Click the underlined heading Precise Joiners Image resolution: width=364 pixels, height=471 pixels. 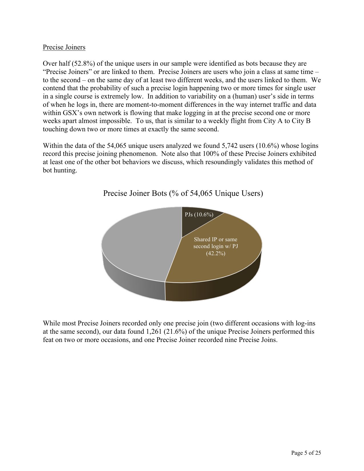pyautogui.click(x=64, y=47)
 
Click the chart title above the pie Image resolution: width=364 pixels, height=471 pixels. pyautogui.click(x=183, y=193)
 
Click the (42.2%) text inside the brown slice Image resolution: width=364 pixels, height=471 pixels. pyautogui.click(x=216, y=253)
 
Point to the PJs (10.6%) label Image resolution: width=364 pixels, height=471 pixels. pyautogui.click(x=199, y=215)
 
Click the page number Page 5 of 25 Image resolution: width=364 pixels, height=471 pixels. pyautogui.click(x=306, y=453)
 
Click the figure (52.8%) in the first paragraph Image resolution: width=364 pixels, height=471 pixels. pyautogui.click(x=83, y=63)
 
